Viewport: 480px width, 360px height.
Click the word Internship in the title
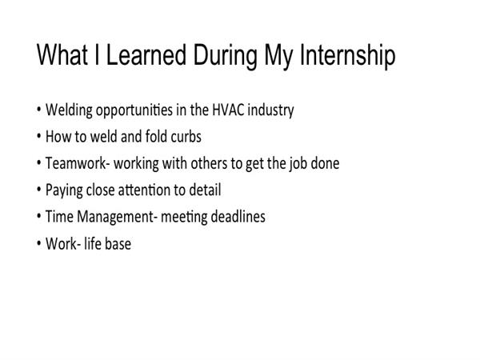[x=348, y=55]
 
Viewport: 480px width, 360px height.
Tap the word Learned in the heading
[x=146, y=54]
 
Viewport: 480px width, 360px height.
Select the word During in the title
[x=225, y=56]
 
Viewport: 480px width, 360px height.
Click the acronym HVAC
[x=228, y=110]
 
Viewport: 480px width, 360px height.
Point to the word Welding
[x=69, y=110]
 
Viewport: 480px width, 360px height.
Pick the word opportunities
[x=134, y=110]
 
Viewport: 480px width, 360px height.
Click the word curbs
[x=186, y=136]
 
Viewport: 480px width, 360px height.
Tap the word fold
[x=156, y=136]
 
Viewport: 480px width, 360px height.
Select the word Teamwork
[x=76, y=163]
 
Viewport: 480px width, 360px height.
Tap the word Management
[x=114, y=217]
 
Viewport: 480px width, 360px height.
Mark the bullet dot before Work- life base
[x=39, y=244]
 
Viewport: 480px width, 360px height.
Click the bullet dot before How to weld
[x=39, y=136]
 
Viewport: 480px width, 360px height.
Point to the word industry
[x=270, y=110]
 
